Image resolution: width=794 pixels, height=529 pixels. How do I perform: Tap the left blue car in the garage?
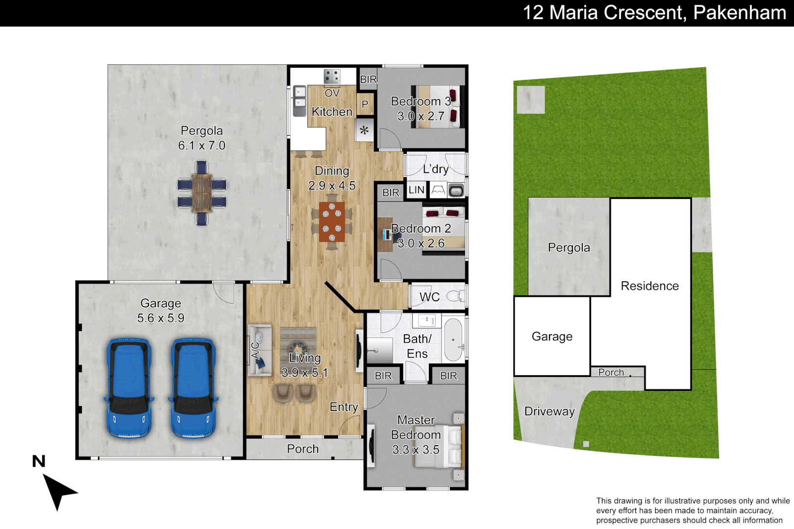129,388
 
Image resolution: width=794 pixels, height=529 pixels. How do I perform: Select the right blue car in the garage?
193,388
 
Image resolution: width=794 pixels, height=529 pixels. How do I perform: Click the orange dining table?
332,222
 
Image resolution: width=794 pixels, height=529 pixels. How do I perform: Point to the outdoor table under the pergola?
202,193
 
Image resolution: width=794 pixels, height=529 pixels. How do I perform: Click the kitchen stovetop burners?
332,76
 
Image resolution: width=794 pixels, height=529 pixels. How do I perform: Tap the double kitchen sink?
299,100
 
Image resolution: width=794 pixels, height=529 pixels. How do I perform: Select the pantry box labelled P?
365,104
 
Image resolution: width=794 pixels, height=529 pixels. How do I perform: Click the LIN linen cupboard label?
416,190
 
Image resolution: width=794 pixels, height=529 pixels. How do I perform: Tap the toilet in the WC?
456,295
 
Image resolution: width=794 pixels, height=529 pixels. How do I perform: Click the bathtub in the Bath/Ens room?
454,340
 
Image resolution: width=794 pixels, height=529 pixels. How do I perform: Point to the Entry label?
344,407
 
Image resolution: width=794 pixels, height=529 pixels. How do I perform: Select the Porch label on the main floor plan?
303,449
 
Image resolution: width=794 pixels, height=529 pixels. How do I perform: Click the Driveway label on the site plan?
549,411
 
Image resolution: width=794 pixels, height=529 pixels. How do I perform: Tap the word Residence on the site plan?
650,286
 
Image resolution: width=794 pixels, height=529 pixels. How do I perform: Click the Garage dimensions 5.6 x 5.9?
161,318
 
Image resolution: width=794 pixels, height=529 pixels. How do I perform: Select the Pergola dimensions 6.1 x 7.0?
202,145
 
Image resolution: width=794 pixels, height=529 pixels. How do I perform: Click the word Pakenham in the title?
740,13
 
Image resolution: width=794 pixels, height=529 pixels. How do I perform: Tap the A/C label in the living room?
255,350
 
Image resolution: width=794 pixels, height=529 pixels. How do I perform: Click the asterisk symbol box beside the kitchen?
364,130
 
